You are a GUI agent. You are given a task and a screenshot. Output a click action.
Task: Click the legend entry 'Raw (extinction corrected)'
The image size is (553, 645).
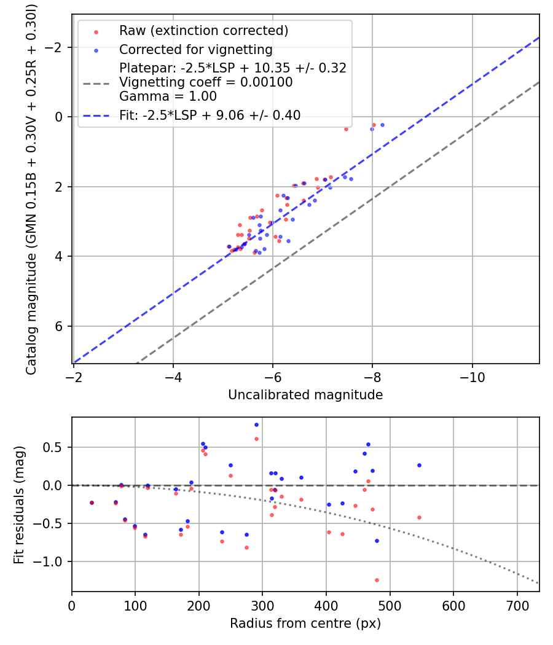pyautogui.click(x=203, y=31)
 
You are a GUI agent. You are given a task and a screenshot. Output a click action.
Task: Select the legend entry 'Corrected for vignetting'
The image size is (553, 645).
pyautogui.click(x=195, y=49)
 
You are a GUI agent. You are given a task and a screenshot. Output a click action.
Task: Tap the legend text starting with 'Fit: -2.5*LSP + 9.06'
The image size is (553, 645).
pyautogui.click(x=210, y=115)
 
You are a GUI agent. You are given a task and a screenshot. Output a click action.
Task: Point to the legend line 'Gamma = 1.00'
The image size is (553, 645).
pyautogui.click(x=168, y=96)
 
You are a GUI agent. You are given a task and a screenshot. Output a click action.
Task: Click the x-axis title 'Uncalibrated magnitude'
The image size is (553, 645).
pyautogui.click(x=305, y=395)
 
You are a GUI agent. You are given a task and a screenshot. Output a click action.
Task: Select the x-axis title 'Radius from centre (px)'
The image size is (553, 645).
pyautogui.click(x=305, y=623)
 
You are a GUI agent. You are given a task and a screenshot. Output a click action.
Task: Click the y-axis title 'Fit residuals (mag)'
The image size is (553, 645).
pyautogui.click(x=19, y=504)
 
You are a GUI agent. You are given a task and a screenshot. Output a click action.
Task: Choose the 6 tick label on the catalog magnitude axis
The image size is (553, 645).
pyautogui.click(x=59, y=326)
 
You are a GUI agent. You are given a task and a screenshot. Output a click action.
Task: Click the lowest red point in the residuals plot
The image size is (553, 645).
pyautogui.click(x=377, y=580)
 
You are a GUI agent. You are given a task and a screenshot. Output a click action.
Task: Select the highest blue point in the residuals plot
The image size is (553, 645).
pyautogui.click(x=256, y=424)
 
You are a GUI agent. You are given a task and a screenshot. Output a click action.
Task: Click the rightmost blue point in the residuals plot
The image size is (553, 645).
pyautogui.click(x=419, y=465)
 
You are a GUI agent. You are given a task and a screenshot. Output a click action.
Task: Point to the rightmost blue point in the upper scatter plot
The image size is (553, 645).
pyautogui.click(x=382, y=125)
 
